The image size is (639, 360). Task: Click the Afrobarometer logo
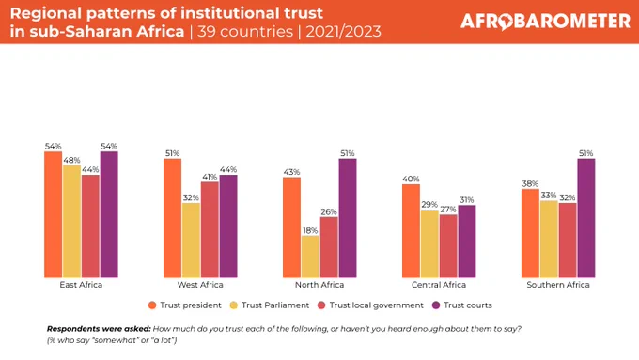pos(545,22)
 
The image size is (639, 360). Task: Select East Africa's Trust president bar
pos(53,214)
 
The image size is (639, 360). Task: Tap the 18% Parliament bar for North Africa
pos(310,257)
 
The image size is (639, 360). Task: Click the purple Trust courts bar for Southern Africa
pos(586,218)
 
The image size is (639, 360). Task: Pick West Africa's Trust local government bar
pos(210,229)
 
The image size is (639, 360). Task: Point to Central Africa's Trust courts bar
pos(467,242)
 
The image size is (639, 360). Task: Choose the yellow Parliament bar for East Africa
pos(71,222)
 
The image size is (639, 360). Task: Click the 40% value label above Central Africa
pos(411,179)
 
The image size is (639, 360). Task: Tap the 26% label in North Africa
pos(329,212)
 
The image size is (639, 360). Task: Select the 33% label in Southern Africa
pos(549,196)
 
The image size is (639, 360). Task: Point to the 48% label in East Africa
pos(71,160)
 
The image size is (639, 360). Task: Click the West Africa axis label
pos(200,285)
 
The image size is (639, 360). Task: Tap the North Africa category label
pos(319,285)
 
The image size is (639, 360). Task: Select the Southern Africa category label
pos(558,285)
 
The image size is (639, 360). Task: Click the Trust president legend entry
pos(185,305)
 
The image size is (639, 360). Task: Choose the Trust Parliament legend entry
pos(270,305)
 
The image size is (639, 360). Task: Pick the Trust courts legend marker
pos(436,305)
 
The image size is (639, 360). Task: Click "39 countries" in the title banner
pos(245,31)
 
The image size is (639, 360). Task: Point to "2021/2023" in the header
pos(344,31)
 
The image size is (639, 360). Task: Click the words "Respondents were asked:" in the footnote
pos(99,329)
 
